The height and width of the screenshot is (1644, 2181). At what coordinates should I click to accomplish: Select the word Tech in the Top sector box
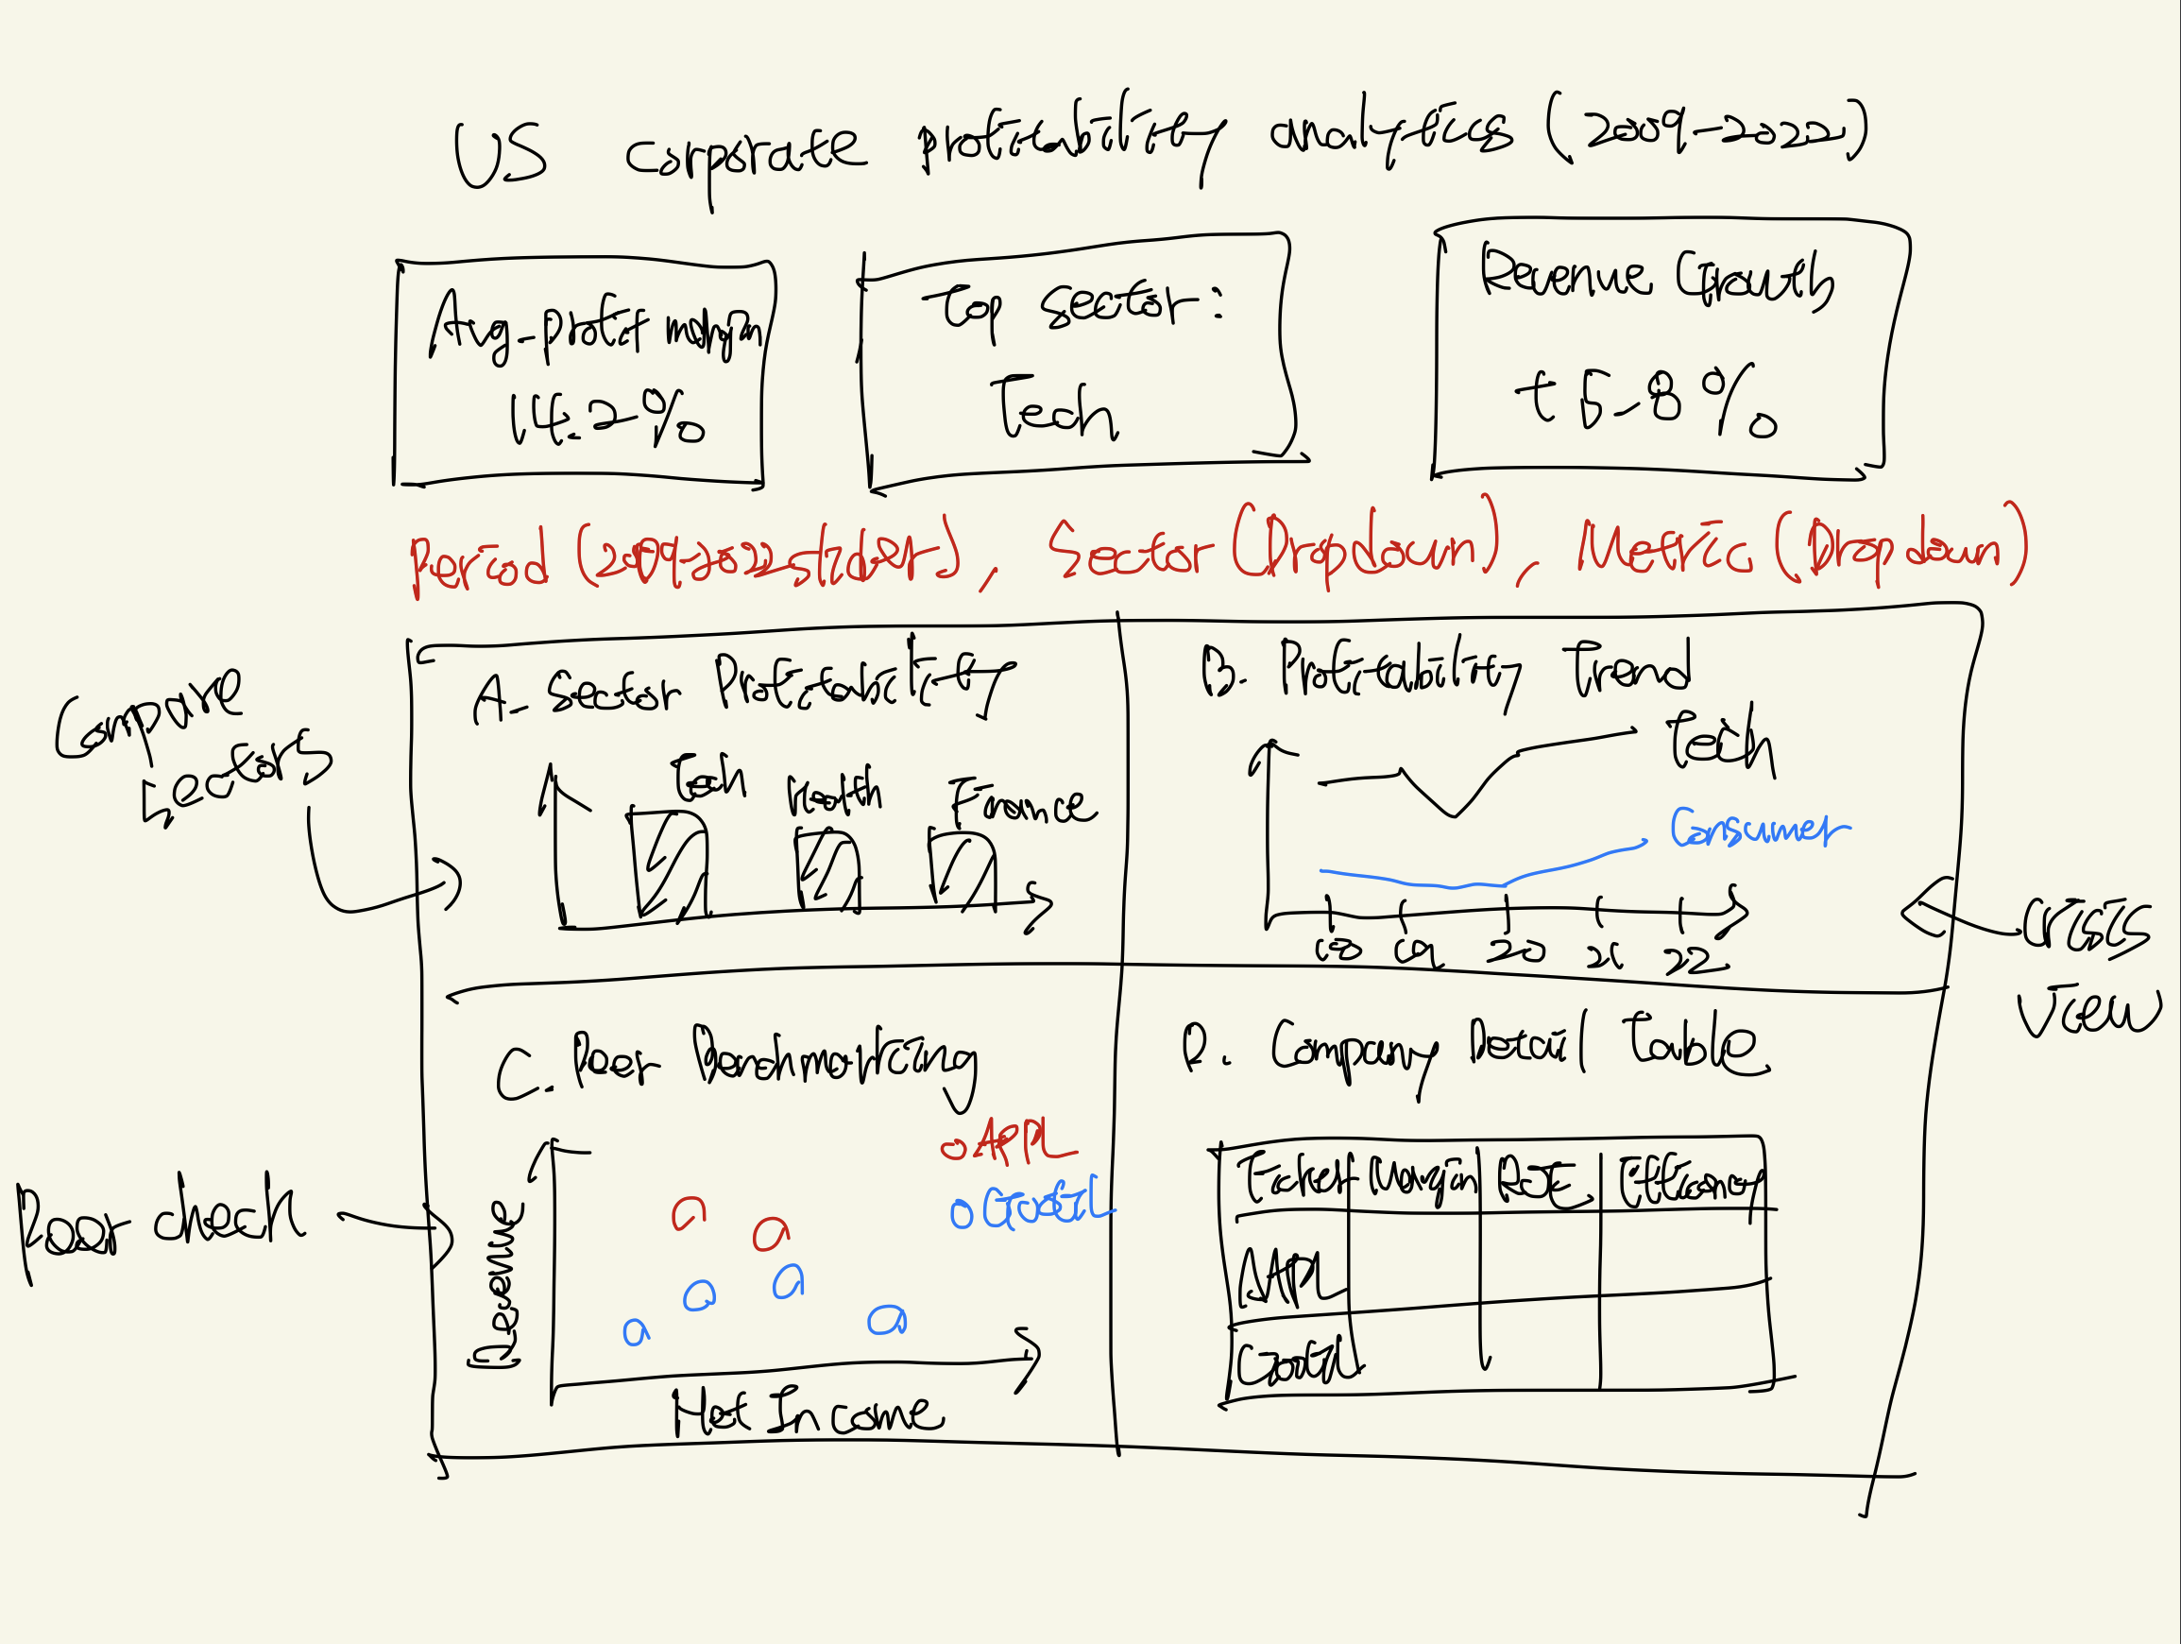pos(1053,409)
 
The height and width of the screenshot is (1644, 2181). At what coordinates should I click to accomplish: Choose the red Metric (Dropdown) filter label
pos(1800,547)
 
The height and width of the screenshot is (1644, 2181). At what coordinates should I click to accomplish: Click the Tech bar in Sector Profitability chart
pos(669,864)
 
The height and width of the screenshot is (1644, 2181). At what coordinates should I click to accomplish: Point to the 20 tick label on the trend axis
pos(1515,950)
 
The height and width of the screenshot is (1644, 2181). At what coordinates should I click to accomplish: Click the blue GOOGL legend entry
pos(1031,1206)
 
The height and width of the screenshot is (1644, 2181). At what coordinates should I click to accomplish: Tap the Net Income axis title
pos(807,1413)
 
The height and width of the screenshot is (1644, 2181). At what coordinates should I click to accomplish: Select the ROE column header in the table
pos(1542,1181)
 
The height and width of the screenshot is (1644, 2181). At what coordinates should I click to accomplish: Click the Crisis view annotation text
pos(2086,971)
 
